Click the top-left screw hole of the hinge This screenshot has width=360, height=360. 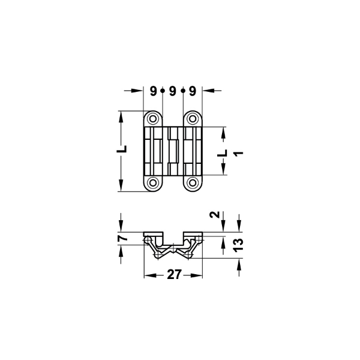152,119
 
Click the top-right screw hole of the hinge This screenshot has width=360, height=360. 193,119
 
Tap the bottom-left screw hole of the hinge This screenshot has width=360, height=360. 152,183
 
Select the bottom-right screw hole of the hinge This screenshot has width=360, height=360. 193,183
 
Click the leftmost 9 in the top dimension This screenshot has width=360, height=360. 154,91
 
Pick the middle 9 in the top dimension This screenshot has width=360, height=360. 172,91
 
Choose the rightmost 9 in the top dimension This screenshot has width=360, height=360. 193,91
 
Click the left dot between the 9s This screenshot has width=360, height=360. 163,91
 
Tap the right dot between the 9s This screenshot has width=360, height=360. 183,91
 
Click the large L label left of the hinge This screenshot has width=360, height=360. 122,149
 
